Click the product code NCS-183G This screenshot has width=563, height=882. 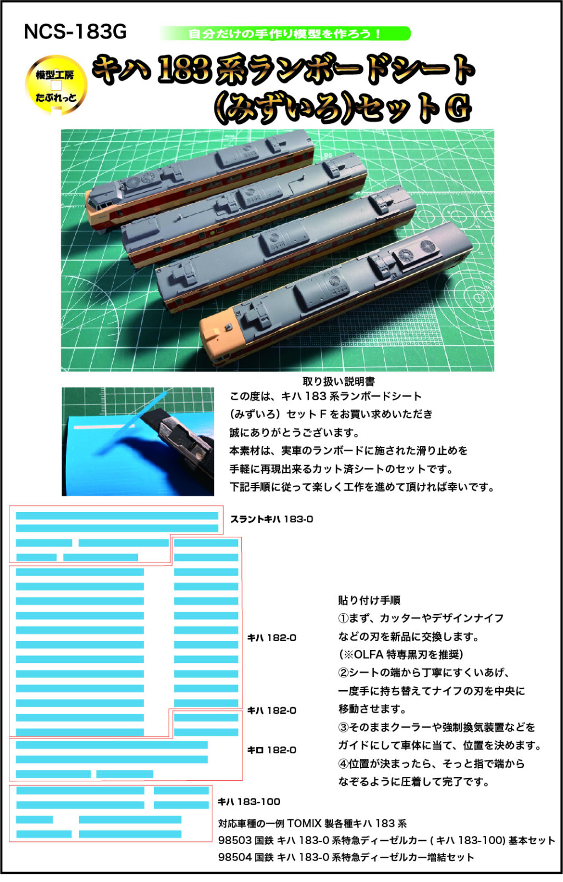point(75,32)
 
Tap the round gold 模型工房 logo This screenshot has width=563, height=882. point(56,85)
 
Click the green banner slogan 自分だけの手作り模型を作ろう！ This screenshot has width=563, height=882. point(285,34)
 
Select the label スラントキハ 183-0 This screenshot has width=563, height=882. point(272,519)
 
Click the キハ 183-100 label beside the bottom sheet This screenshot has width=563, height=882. point(249,802)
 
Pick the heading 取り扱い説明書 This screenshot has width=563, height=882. point(339,381)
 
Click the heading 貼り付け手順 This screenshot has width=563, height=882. point(369,600)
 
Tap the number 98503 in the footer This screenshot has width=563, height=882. point(235,840)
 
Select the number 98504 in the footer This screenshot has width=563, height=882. point(235,857)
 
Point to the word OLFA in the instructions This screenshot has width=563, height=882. point(368,654)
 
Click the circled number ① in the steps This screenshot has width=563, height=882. point(343,618)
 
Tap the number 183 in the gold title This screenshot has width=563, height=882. point(184,70)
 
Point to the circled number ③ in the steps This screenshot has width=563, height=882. point(343,727)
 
